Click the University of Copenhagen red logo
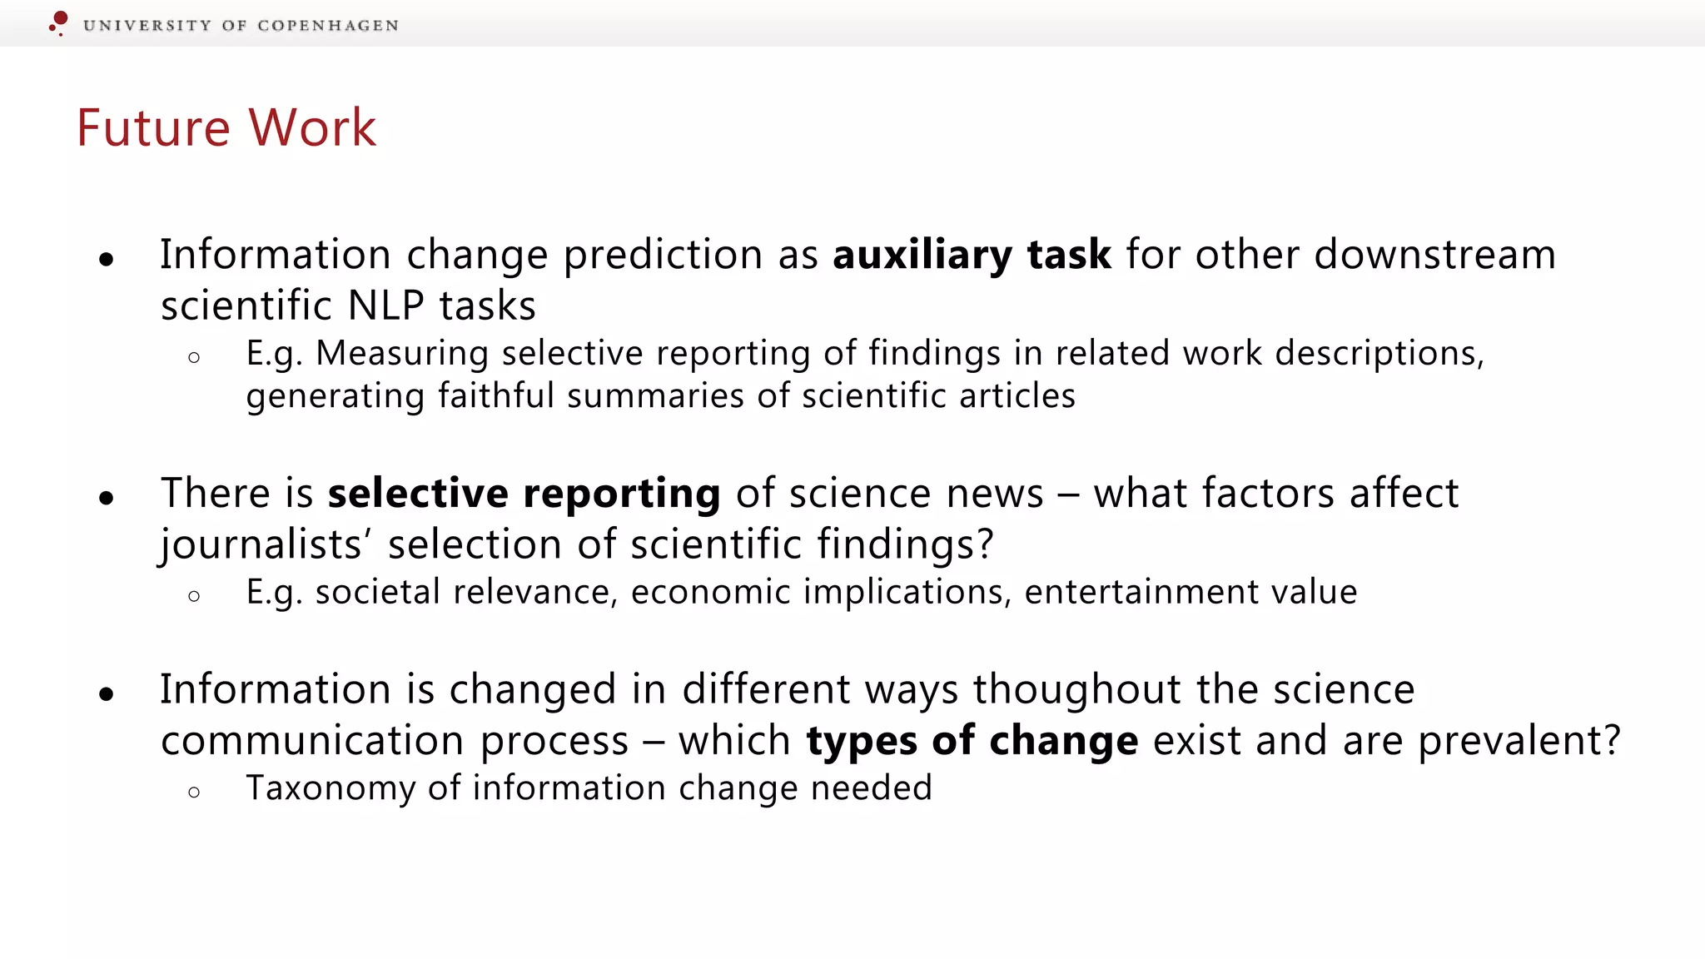pos(58,22)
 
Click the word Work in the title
pos(312,128)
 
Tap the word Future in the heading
pos(153,128)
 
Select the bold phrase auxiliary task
pos(972,255)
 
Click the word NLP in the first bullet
pos(385,306)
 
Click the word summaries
pos(654,396)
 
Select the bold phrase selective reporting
pos(524,494)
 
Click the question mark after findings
pos(986,544)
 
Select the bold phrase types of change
pos(972,741)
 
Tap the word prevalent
pos(1510,741)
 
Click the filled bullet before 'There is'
pos(106,499)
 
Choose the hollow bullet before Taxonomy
pos(194,792)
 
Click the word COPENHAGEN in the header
pos(328,26)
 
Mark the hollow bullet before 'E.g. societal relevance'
pos(194,596)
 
